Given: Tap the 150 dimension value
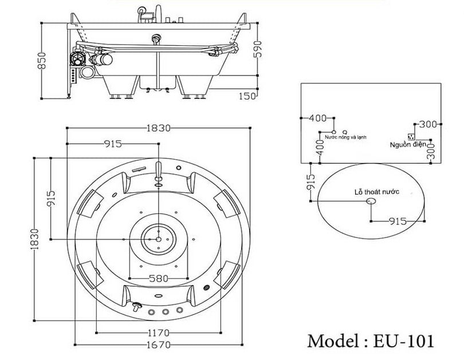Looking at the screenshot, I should [x=247, y=96].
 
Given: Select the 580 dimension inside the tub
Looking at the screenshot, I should [x=158, y=279].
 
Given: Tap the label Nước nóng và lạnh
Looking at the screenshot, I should [x=345, y=137].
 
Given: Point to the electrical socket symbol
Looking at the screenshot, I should [x=411, y=136].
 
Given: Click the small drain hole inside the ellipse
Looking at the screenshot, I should [x=371, y=201].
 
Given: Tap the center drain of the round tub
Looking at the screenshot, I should [x=158, y=237].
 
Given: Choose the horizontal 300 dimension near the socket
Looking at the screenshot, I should [x=427, y=124].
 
